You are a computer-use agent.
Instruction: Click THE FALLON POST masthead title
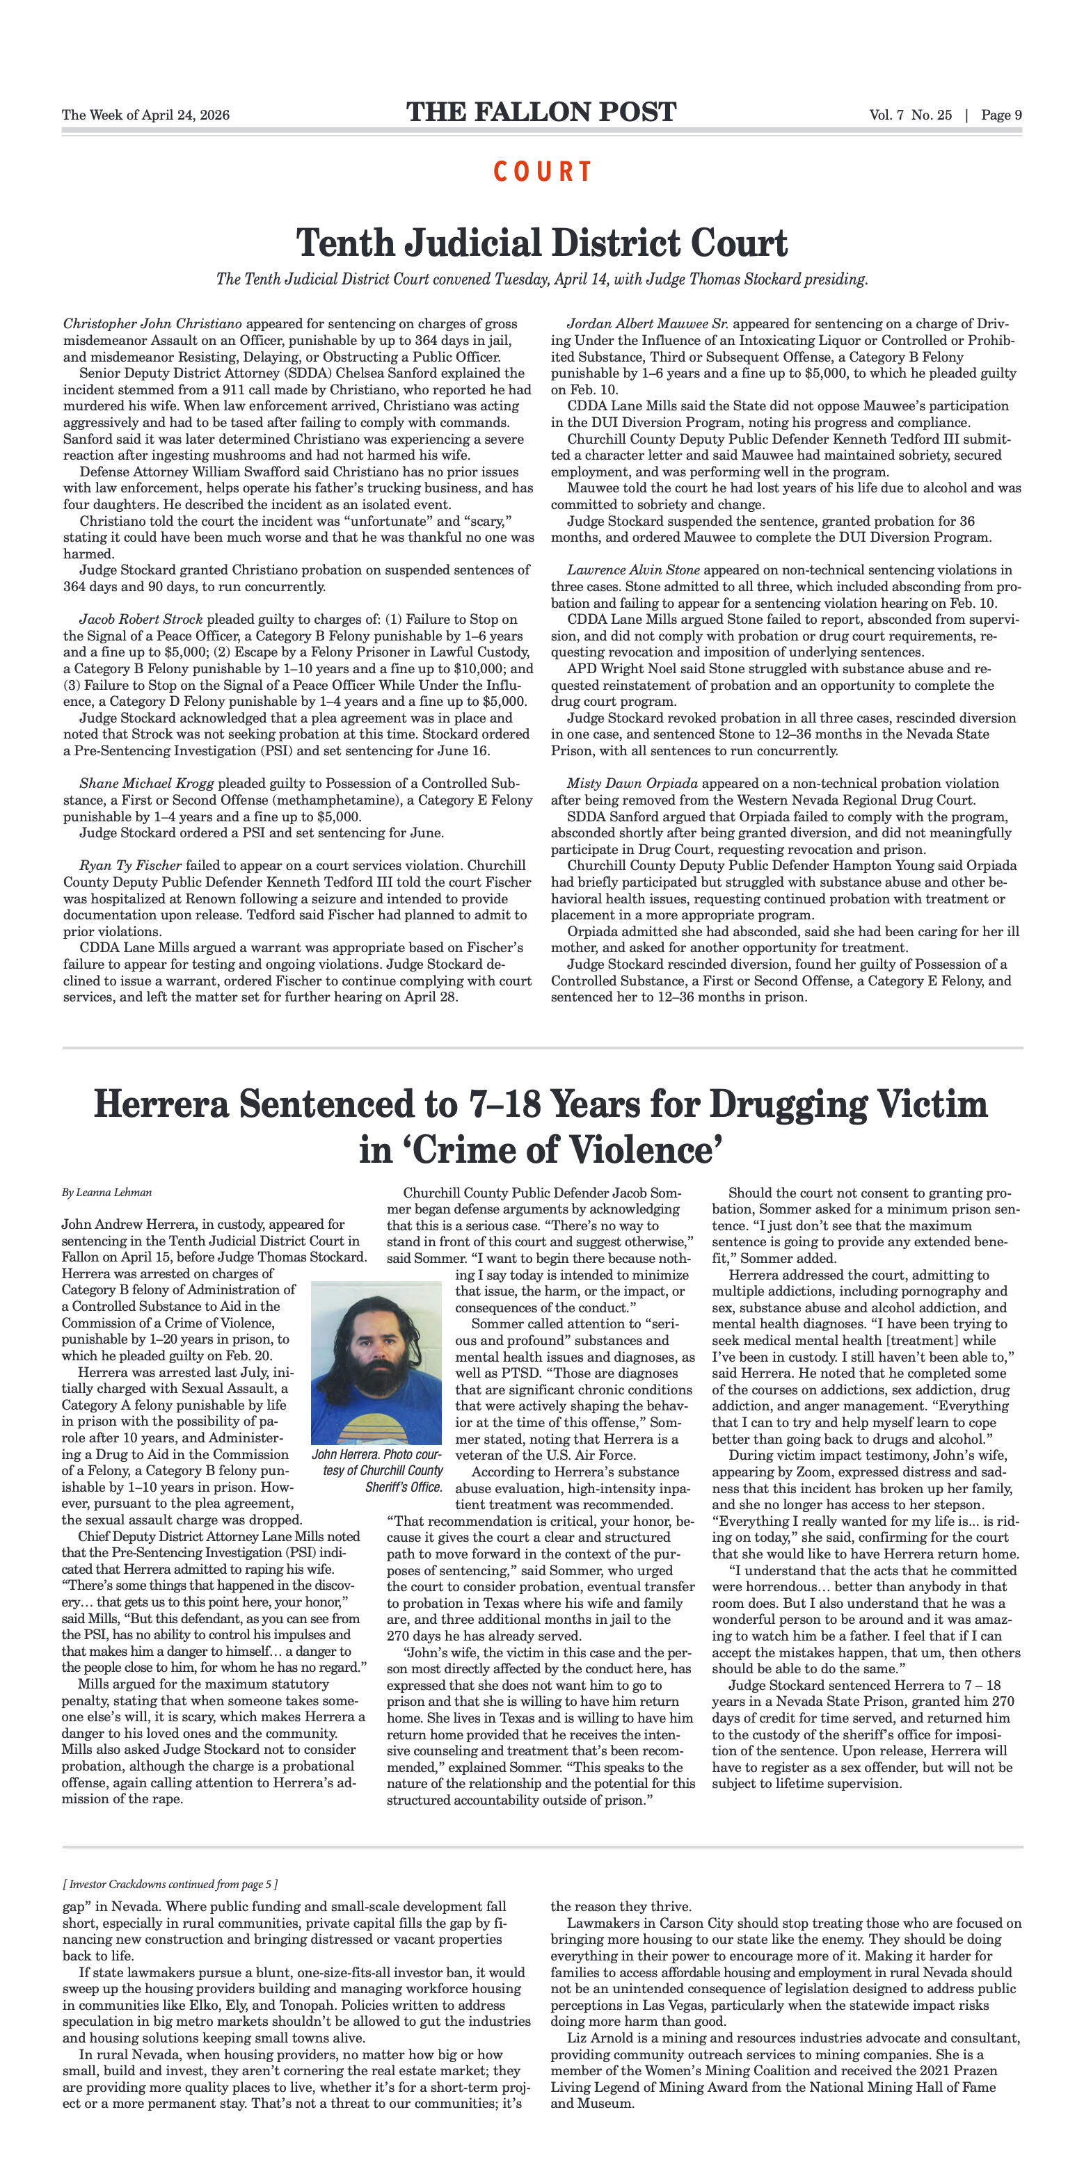tap(541, 113)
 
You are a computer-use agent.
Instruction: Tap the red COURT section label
tap(543, 172)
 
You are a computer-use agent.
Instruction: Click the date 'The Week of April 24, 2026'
tap(145, 115)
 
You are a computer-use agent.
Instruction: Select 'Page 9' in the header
tap(1001, 115)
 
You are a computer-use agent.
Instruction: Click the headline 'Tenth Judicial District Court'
tap(541, 243)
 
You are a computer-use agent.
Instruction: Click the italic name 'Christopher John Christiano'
tap(152, 324)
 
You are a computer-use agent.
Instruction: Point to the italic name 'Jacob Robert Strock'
tap(141, 619)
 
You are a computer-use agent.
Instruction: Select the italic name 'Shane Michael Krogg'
tap(146, 783)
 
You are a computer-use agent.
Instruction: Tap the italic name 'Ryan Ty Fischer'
tap(130, 866)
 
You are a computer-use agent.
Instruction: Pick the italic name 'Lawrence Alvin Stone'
tap(633, 570)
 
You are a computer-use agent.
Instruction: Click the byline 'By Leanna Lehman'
tap(107, 1193)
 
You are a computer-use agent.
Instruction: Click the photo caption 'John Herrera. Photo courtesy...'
tap(377, 1469)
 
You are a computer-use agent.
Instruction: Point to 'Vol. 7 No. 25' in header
tap(911, 115)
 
